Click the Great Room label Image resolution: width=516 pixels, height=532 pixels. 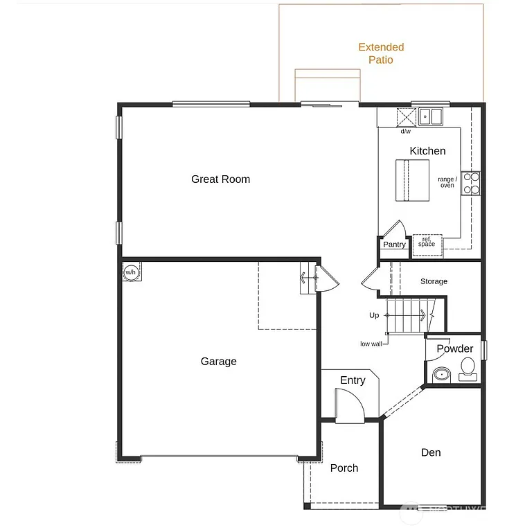[x=220, y=179]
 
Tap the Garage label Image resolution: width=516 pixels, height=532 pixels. [x=218, y=362]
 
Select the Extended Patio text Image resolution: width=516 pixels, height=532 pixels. [x=381, y=53]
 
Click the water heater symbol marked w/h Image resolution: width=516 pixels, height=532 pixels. [x=131, y=272]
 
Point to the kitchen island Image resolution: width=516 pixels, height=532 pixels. [x=412, y=180]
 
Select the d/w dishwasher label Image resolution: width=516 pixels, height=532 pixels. [x=405, y=132]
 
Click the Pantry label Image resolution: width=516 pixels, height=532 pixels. [x=394, y=245]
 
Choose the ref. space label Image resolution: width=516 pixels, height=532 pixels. [x=427, y=242]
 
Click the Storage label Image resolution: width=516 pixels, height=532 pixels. [x=434, y=282]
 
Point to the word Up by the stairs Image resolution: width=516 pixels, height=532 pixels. [x=374, y=316]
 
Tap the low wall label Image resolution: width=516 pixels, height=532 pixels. [x=371, y=344]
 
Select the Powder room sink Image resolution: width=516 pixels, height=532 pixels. [x=441, y=375]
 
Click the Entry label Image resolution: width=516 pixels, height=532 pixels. [x=353, y=380]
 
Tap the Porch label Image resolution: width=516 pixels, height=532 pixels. [x=344, y=468]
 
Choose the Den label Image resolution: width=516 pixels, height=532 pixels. [x=431, y=453]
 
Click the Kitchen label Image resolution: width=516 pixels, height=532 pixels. [x=427, y=151]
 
